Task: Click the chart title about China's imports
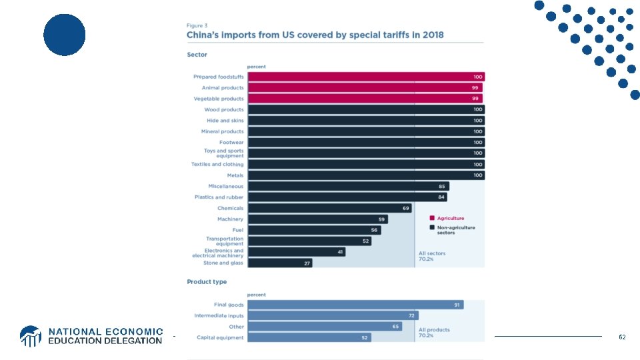[315, 35]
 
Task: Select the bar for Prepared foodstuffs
[365, 77]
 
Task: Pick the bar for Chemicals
[329, 208]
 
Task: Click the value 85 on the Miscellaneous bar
[442, 186]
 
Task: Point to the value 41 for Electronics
[339, 252]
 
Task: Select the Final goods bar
[355, 305]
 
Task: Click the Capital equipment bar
[309, 337]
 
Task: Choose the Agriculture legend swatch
[431, 218]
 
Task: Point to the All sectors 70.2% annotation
[432, 256]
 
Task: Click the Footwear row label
[231, 142]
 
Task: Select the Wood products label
[224, 109]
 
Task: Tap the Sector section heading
[197, 55]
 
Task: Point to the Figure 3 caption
[197, 25]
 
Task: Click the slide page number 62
[622, 337]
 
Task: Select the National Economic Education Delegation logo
[91, 336]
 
